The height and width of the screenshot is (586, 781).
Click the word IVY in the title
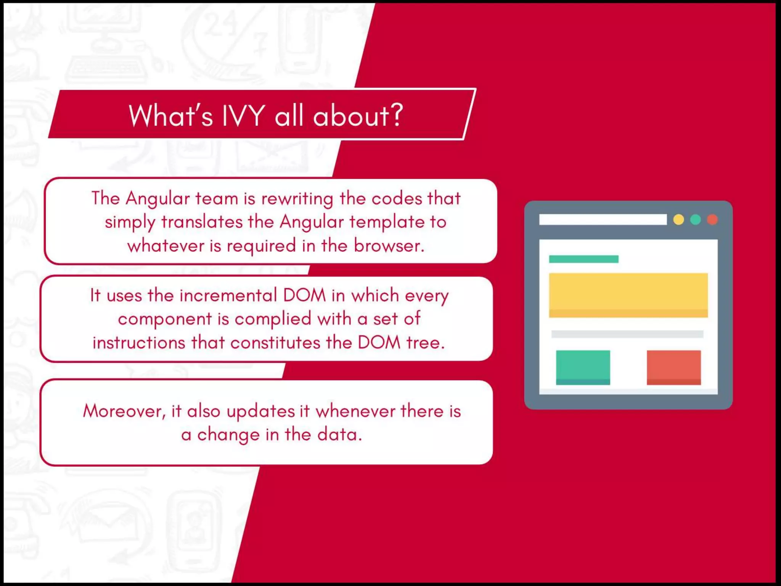point(243,116)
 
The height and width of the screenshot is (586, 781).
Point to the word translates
point(202,222)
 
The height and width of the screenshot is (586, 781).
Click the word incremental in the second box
point(228,296)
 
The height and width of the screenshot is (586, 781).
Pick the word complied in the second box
point(273,319)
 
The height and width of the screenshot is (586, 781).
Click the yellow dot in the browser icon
point(678,220)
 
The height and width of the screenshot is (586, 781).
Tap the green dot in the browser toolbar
point(696,220)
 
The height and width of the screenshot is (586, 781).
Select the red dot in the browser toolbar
point(712,220)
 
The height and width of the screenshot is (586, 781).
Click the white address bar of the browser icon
point(603,220)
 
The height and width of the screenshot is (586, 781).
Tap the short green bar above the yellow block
point(583,259)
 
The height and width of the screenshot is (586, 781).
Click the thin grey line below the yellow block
point(627,334)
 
